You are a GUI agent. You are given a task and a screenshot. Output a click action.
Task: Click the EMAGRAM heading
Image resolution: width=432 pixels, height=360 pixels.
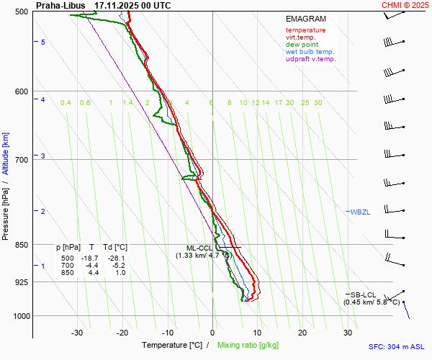point(305,19)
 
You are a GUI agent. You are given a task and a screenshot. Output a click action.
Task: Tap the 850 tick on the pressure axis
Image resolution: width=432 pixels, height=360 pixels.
point(22,245)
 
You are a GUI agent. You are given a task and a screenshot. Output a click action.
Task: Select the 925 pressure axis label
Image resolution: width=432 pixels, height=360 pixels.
point(22,282)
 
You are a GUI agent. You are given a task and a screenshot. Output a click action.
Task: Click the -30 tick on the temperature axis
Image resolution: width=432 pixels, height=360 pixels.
point(77,333)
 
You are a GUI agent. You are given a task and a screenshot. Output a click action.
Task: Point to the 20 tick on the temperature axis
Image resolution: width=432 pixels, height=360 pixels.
point(302,333)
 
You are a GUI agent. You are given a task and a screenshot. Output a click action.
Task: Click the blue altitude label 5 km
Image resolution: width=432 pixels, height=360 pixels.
point(43,42)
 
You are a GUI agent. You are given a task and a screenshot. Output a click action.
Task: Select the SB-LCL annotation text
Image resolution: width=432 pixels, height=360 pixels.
point(363,294)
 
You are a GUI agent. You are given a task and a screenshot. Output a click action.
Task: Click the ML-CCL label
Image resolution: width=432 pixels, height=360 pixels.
point(199,248)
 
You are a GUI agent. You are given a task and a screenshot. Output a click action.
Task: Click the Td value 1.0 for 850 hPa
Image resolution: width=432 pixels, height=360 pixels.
point(120,273)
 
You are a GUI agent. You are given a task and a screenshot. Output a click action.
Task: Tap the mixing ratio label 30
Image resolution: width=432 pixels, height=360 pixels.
point(318,103)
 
